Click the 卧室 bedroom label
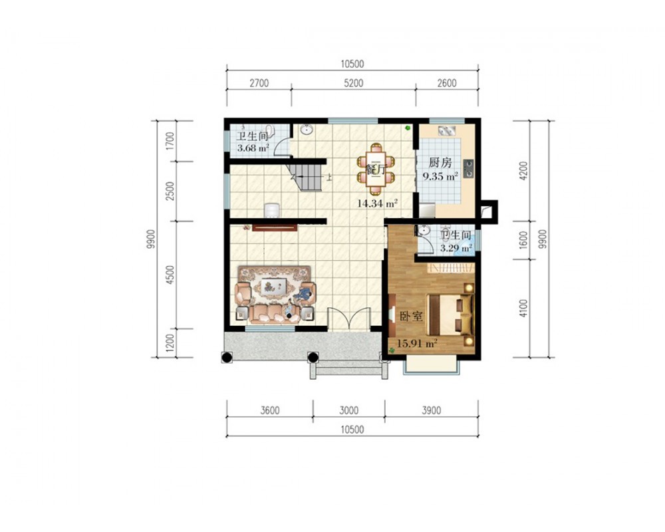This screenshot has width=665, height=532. tap(411, 316)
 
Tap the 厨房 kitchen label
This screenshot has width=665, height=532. tap(440, 162)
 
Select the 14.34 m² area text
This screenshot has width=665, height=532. tap(377, 203)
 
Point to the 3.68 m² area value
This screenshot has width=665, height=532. tap(253, 148)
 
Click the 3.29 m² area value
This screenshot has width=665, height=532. tap(456, 248)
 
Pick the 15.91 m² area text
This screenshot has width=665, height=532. tap(416, 343)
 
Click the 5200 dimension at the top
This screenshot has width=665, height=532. tap(353, 83)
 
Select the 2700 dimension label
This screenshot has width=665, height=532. tap(259, 83)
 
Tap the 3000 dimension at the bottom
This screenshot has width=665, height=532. tap(348, 410)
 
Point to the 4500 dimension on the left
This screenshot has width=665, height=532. tap(170, 275)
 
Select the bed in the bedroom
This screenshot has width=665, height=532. tap(450, 315)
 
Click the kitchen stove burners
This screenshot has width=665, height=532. tap(469, 168)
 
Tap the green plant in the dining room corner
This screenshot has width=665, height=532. tap(408, 127)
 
